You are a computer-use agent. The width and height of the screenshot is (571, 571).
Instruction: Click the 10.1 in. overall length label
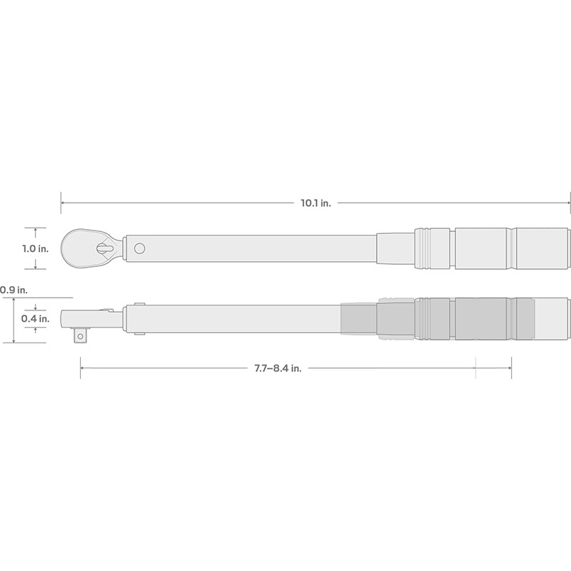315,203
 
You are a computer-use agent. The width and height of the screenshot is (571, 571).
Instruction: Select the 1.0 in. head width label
35,248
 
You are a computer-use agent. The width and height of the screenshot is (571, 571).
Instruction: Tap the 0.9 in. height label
14,290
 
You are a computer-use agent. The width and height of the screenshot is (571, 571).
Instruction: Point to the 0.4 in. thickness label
35,318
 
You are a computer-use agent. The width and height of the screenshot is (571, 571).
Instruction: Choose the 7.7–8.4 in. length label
278,368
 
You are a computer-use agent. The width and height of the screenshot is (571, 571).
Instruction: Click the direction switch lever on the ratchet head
105,248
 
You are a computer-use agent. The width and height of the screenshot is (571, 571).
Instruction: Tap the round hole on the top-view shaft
139,248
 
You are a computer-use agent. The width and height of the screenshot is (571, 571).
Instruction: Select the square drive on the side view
81,335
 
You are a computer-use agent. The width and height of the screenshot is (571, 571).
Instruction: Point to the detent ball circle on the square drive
80,336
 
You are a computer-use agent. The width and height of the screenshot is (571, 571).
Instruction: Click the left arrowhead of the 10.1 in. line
63,203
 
